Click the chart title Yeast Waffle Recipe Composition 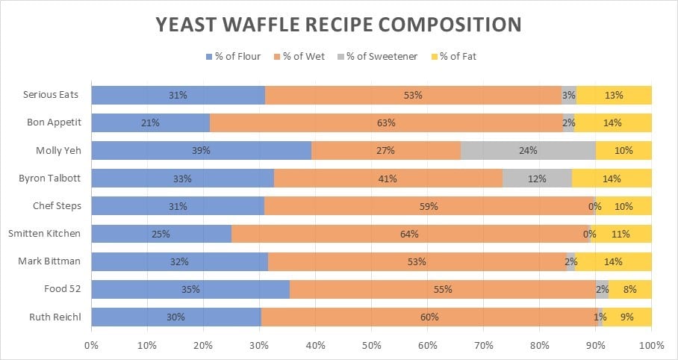pyautogui.click(x=338, y=24)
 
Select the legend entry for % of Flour pyautogui.click(x=235, y=57)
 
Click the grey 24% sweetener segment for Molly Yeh pyautogui.click(x=528, y=150)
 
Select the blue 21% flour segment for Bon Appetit pyautogui.click(x=150, y=122)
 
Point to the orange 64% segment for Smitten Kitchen pyautogui.click(x=409, y=234)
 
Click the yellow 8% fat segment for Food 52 pyautogui.click(x=629, y=289)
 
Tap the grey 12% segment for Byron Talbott pyautogui.click(x=537, y=179)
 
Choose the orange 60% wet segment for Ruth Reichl pyautogui.click(x=429, y=317)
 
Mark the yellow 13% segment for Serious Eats pyautogui.click(x=614, y=95)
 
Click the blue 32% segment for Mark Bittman pyautogui.click(x=179, y=261)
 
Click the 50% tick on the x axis pyautogui.click(x=371, y=346)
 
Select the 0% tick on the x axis pyautogui.click(x=91, y=346)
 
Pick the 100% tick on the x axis pyautogui.click(x=651, y=346)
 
